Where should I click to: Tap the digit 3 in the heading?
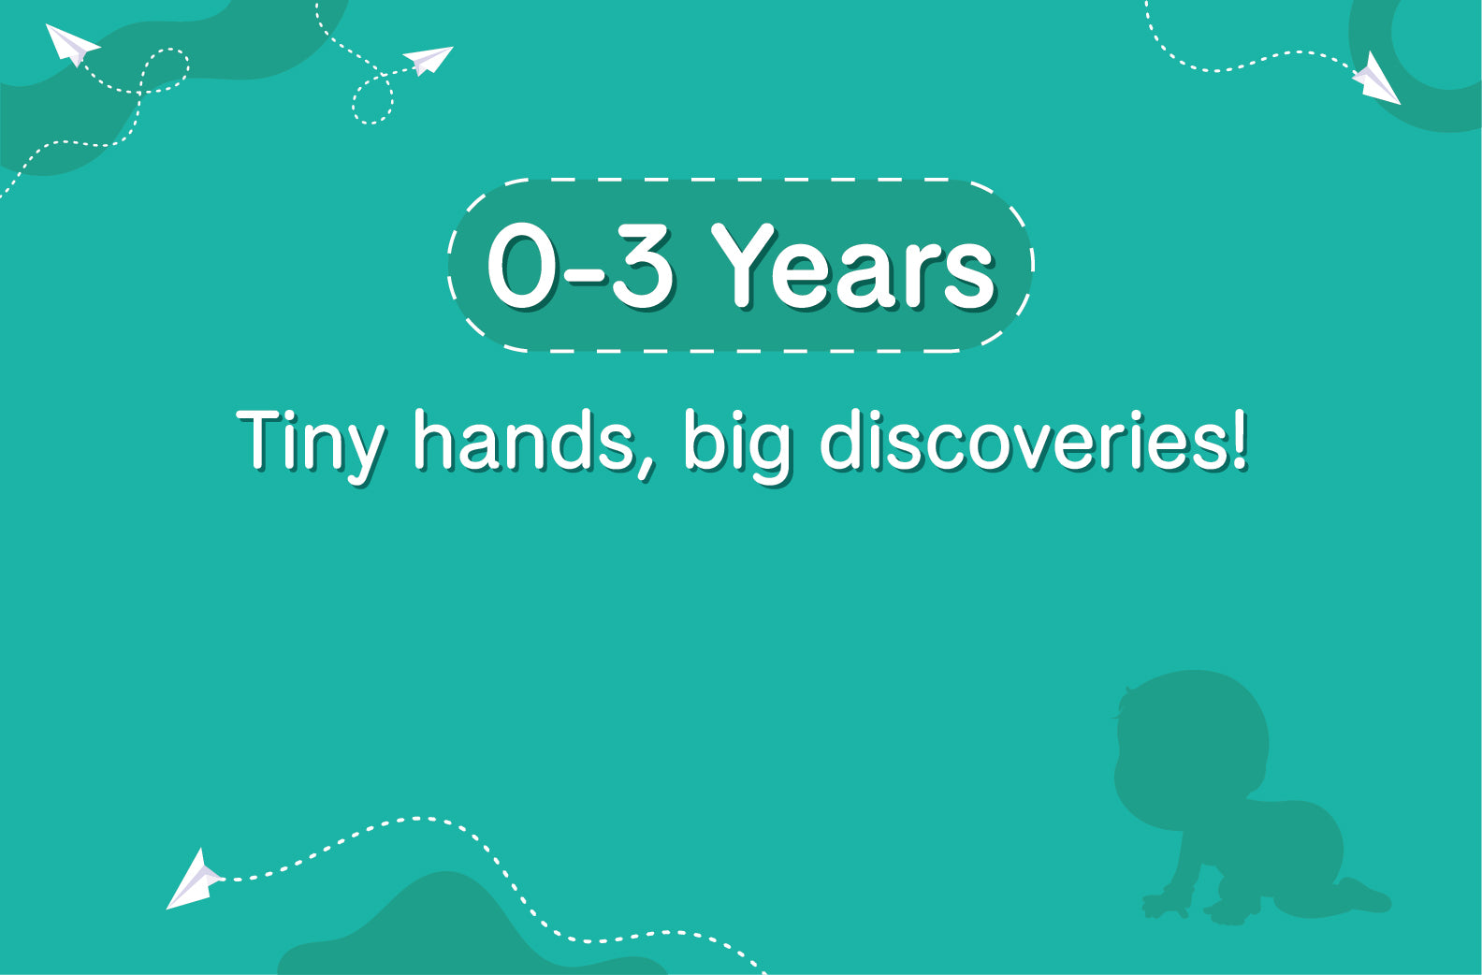coord(641,265)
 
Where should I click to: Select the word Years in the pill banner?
coord(853,266)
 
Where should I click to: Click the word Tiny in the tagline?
coord(310,444)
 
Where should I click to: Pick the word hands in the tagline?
coord(524,439)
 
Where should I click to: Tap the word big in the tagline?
coord(737,444)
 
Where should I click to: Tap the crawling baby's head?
coord(1192,735)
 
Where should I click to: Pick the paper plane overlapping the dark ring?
coord(1376,80)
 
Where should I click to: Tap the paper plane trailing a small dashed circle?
coord(428,60)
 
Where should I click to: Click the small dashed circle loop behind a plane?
coord(372,100)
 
